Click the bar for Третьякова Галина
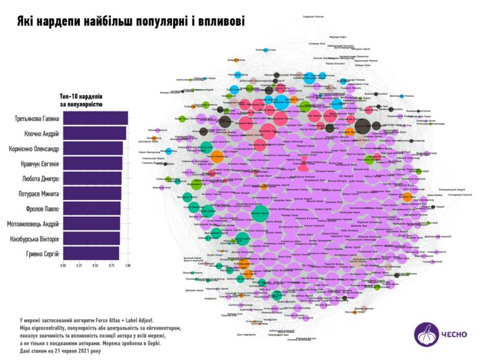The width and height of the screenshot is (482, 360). pos(95,120)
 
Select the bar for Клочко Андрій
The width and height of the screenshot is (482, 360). pos(95,134)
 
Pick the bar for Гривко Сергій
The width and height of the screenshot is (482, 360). pos(91,253)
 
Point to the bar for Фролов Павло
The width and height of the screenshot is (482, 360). pos(92,209)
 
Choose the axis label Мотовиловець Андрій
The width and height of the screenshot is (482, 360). pos(33,224)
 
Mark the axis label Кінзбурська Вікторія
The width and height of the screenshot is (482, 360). pos(34,238)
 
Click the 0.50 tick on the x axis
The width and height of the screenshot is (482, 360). pos(95,265)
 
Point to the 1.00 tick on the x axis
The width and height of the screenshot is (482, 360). pos(128,265)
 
